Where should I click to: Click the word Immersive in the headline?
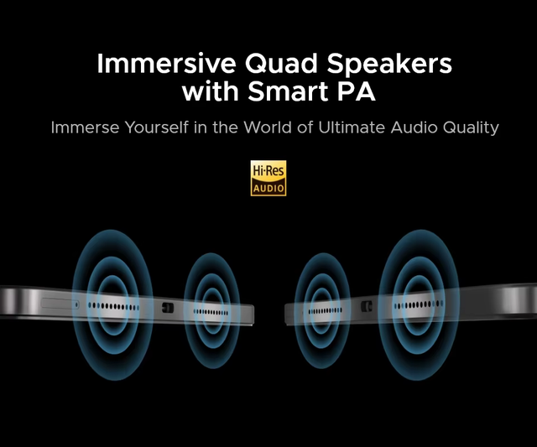(x=166, y=64)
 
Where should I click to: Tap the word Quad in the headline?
(x=281, y=65)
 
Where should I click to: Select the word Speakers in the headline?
(x=389, y=65)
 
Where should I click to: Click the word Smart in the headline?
(x=289, y=91)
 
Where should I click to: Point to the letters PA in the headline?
(x=356, y=91)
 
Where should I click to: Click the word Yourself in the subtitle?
(x=157, y=127)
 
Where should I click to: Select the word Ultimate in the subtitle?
(x=352, y=127)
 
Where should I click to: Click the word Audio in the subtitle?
(x=414, y=127)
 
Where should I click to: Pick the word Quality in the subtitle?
(x=471, y=128)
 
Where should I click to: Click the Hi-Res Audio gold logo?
(x=268, y=178)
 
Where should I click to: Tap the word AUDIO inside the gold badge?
(x=268, y=188)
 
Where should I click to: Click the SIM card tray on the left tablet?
(x=60, y=304)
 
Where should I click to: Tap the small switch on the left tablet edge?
(x=168, y=308)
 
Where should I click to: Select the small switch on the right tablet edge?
(x=367, y=306)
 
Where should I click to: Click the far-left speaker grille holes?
(x=113, y=306)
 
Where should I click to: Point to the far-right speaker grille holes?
(x=419, y=304)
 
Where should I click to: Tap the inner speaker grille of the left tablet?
(x=211, y=312)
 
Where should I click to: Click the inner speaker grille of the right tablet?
(x=325, y=311)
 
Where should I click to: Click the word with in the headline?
(x=211, y=91)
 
